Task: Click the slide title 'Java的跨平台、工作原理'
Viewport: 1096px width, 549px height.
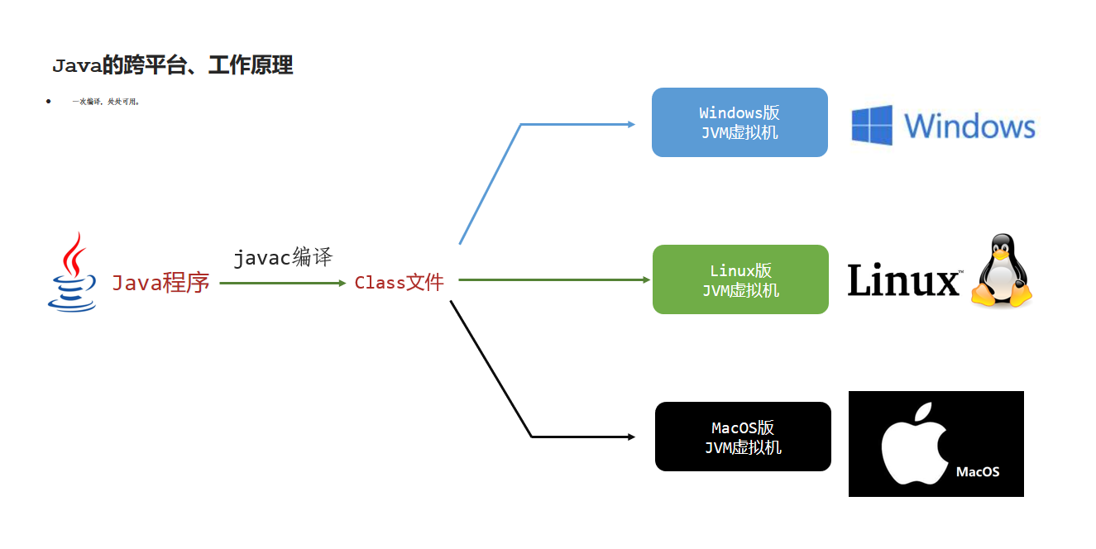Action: [172, 66]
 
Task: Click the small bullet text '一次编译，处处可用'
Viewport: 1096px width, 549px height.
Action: [106, 102]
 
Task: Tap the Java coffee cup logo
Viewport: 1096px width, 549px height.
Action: [73, 273]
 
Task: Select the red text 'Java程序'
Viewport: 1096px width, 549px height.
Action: [160, 284]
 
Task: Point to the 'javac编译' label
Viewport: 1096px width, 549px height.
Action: [283, 257]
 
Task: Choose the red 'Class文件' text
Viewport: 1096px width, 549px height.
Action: [400, 283]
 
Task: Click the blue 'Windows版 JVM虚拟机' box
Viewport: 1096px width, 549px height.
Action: [739, 122]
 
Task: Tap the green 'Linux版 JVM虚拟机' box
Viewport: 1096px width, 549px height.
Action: [740, 279]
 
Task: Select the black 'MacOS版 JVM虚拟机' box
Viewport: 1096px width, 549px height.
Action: [743, 437]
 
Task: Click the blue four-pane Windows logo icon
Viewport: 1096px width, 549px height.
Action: [873, 126]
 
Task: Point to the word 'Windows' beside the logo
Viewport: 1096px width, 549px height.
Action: [969, 127]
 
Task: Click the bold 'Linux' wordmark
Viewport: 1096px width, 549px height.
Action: [904, 280]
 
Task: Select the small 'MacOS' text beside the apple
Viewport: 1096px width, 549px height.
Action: [978, 472]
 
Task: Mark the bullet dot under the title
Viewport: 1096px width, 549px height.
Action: [49, 101]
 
